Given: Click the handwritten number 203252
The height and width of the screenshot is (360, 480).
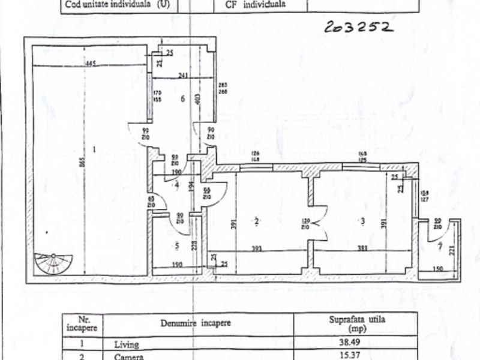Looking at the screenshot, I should [359, 26].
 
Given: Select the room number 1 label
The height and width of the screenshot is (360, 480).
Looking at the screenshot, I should [94, 148].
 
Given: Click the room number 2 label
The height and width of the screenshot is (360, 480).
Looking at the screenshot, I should [256, 221].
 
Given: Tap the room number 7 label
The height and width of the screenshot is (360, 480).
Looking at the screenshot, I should [440, 246].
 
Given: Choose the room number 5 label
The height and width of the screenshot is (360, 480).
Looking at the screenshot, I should [176, 245].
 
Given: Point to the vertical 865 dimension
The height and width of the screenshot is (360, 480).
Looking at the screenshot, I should [83, 162].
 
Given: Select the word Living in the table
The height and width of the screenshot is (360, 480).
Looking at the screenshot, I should [126, 345].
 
